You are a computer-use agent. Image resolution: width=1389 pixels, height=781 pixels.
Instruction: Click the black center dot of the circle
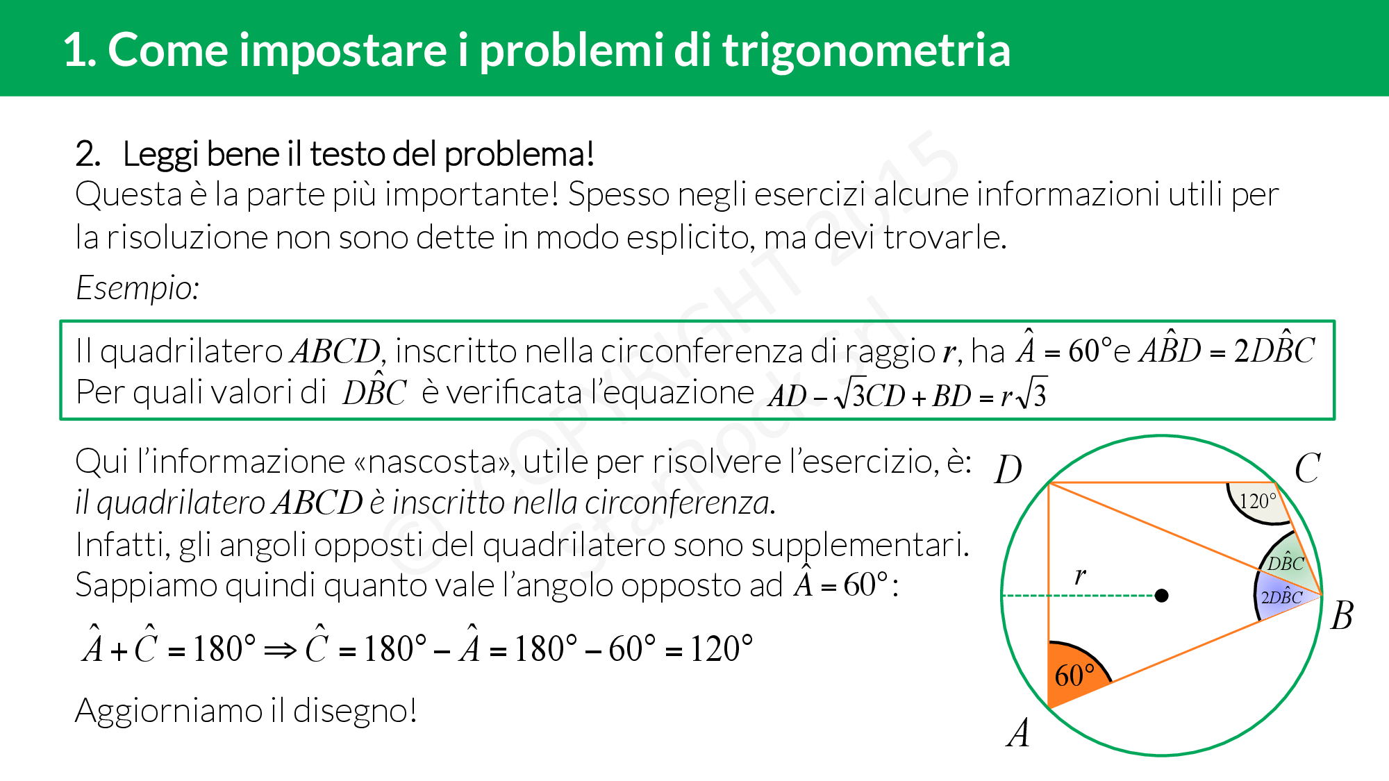tap(1161, 595)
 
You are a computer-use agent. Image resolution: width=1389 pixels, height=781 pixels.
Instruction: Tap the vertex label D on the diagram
tap(1008, 470)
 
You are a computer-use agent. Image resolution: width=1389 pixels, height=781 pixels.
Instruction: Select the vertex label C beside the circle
tap(1307, 468)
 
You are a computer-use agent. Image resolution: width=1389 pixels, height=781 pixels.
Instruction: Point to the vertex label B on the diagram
tap(1342, 615)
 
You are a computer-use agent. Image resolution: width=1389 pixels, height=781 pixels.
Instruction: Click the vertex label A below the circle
tap(1018, 732)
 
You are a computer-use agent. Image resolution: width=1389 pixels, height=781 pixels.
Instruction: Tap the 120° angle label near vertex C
tap(1258, 501)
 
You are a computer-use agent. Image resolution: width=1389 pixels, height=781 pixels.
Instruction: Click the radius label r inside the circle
tap(1080, 575)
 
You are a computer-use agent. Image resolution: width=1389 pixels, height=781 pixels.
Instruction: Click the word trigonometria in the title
tap(867, 50)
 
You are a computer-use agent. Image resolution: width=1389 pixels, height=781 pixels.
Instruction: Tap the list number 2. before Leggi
tap(88, 153)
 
